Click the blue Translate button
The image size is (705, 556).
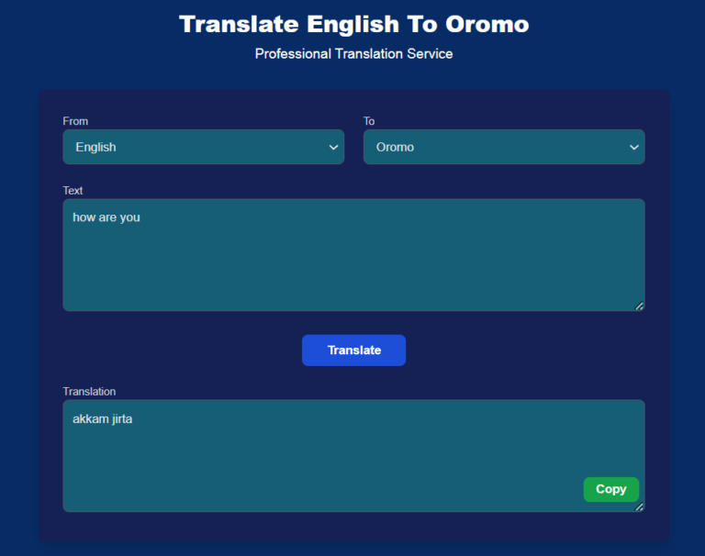(353, 350)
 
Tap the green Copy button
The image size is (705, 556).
(611, 489)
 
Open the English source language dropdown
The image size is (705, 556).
(204, 147)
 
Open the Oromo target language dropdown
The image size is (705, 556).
(504, 147)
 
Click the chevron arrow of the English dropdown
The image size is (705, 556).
(333, 147)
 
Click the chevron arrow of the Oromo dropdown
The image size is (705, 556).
(634, 147)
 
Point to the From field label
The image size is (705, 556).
(75, 121)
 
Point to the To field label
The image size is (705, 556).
(369, 121)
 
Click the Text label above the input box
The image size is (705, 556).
(73, 191)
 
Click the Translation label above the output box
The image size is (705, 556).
(89, 392)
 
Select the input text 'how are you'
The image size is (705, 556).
(106, 217)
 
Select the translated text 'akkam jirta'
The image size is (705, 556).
(103, 419)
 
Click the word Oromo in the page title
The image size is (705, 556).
(487, 24)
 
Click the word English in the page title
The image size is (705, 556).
(352, 25)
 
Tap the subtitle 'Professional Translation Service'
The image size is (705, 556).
(353, 54)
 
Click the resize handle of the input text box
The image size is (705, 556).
(639, 306)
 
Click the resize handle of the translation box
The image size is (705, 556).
(639, 506)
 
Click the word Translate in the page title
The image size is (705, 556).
(239, 24)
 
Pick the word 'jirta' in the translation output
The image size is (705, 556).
(122, 419)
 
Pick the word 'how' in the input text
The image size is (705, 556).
(84, 217)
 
